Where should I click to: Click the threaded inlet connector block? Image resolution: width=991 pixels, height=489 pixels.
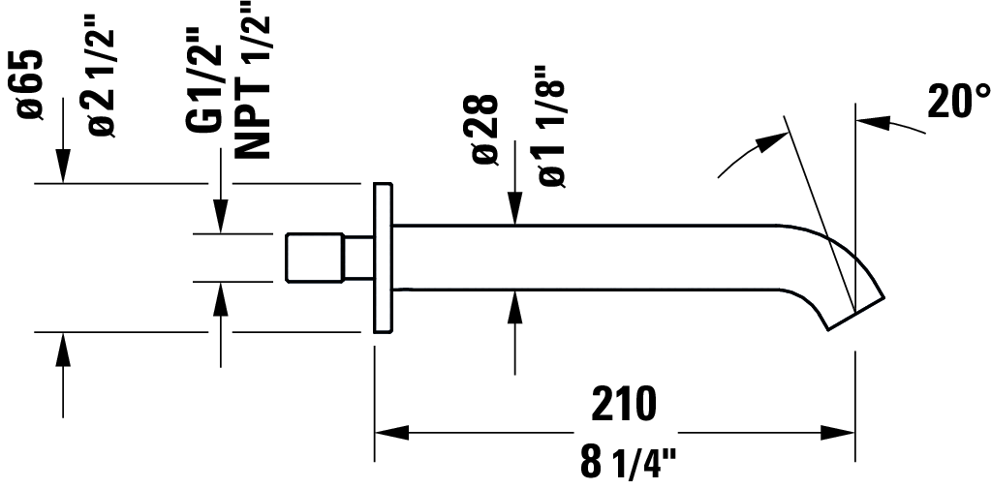[x=317, y=258]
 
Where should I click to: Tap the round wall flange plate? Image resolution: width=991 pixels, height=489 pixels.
[x=383, y=258]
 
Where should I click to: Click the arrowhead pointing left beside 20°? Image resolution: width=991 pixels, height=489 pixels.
[x=871, y=121]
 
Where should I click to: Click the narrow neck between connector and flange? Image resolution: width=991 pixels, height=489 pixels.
[x=359, y=258]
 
